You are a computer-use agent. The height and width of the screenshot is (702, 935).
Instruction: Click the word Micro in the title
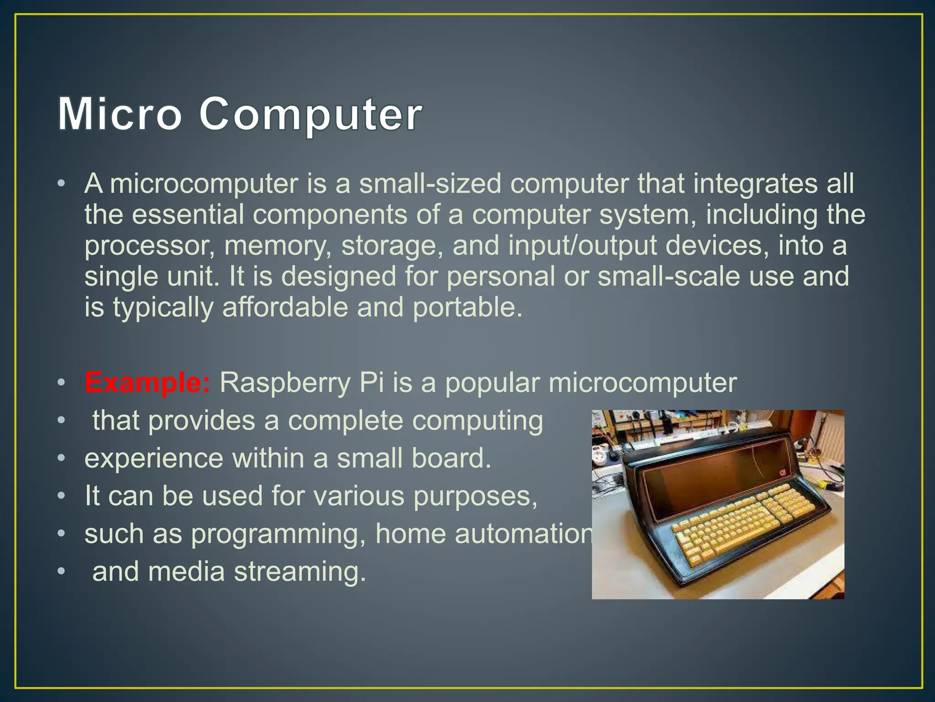[120, 114]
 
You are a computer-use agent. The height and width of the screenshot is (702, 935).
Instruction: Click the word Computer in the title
[310, 114]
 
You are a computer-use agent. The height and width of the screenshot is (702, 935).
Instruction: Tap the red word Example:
[147, 383]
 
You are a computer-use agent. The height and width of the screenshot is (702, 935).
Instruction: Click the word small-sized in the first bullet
[430, 184]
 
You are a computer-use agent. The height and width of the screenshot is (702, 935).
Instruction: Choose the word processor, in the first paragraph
[150, 246]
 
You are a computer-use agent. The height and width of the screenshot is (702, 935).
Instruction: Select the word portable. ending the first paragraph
[467, 308]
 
